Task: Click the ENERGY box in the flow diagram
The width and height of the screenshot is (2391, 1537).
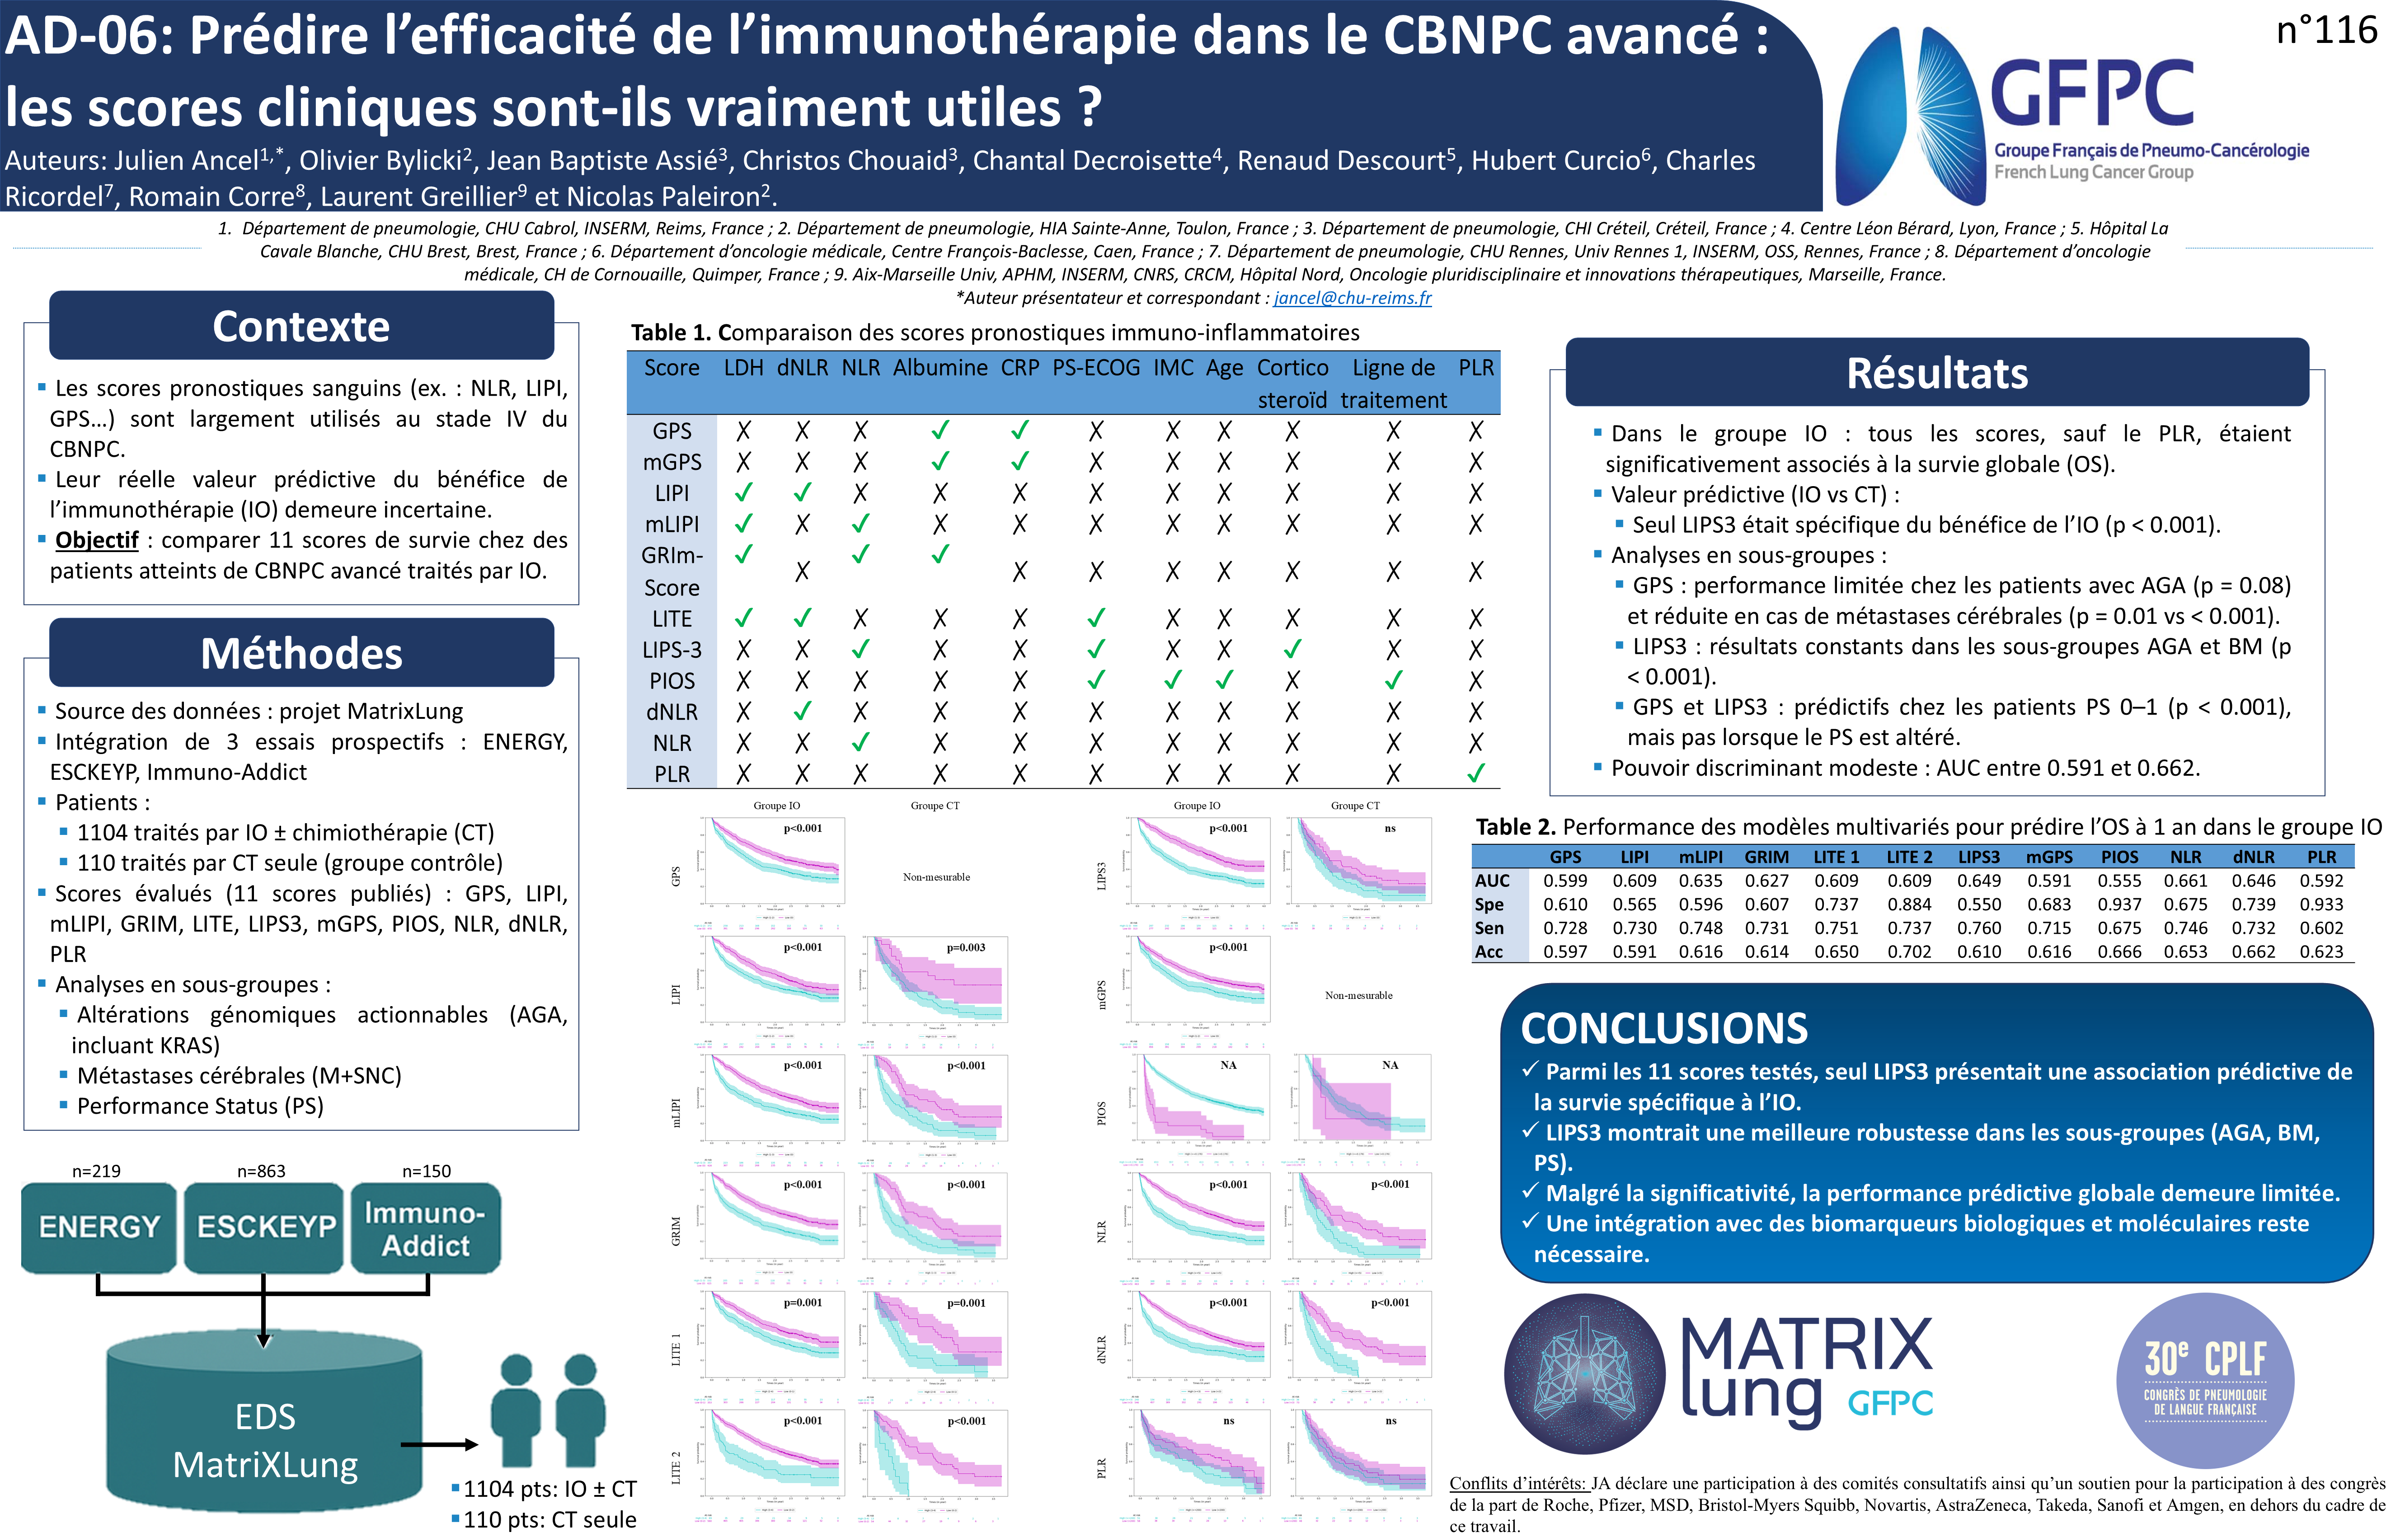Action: point(99,1227)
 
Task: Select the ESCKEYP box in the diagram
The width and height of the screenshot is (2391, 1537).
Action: point(264,1227)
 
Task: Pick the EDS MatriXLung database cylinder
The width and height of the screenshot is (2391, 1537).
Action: point(264,1427)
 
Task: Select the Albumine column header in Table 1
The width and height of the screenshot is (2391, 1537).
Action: point(939,368)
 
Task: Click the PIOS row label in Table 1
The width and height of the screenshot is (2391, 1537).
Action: point(672,681)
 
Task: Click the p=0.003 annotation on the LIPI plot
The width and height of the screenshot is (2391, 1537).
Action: point(965,947)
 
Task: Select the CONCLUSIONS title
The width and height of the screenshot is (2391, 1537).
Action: point(1664,1028)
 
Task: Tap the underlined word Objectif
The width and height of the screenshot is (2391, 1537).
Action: point(97,540)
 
